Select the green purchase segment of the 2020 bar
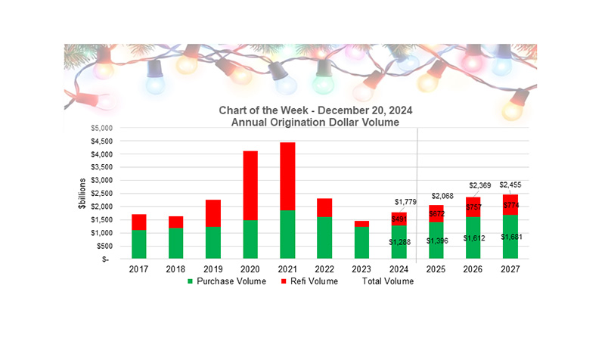[250, 239]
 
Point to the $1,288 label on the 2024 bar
[400, 242]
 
